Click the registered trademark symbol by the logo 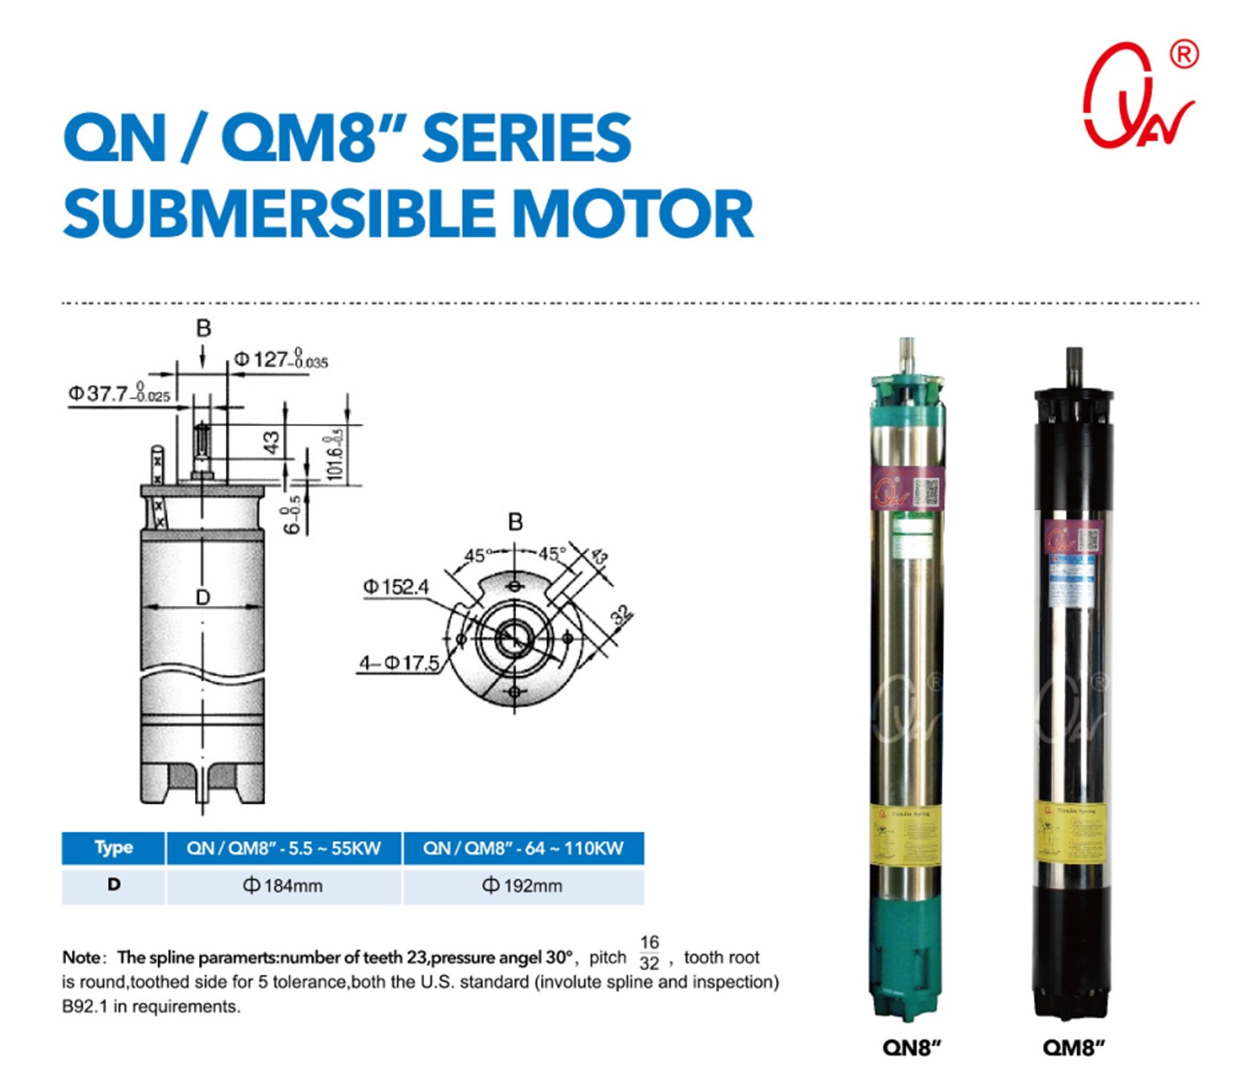point(1183,54)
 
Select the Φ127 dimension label point(280,360)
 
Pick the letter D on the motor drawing point(202,597)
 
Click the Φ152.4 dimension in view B point(395,587)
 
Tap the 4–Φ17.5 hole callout point(399,663)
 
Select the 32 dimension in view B point(621,615)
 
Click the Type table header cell point(114,848)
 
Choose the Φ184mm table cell point(283,885)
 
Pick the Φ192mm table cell point(522,885)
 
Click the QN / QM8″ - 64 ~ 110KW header point(523,848)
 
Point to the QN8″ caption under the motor point(912,1047)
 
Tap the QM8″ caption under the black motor point(1073,1047)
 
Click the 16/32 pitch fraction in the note point(649,952)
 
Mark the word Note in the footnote point(82,957)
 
